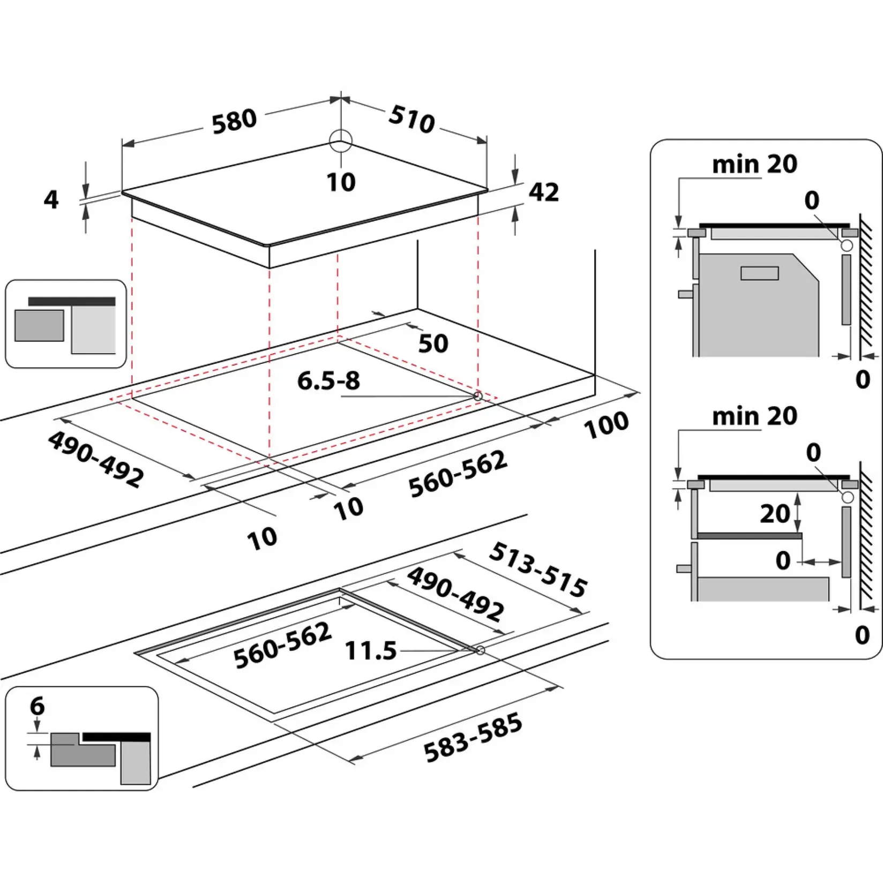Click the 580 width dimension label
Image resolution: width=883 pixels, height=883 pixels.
pos(234,122)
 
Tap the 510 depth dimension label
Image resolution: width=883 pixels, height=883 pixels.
pos(411,119)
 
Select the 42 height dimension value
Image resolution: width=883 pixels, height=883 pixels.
pos(544,192)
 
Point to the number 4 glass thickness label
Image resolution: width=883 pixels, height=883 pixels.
pos(51,199)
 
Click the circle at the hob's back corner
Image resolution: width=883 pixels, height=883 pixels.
pos(341,141)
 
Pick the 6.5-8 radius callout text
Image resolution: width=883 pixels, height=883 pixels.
pos(328,380)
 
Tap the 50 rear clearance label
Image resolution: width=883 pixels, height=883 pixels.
pos(433,343)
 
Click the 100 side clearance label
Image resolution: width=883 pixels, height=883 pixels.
pos(606,424)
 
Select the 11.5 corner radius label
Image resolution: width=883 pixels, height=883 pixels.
pos(371,651)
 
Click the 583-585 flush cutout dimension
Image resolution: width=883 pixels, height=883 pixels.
pos(473,737)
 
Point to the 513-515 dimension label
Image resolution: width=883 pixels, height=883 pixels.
pos(538,570)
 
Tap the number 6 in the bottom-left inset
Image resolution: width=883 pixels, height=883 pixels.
pos(37,706)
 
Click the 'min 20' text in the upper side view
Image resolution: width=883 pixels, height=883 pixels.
pos(754,164)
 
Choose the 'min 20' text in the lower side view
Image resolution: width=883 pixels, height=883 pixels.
pos(754,416)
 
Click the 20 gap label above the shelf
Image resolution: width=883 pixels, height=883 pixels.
pos(775,513)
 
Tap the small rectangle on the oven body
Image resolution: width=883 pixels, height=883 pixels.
pos(759,273)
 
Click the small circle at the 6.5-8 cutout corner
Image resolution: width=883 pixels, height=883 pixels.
pos(478,396)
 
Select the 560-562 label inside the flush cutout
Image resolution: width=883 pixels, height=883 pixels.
pos(283,645)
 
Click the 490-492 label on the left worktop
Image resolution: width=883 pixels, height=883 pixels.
pos(96,460)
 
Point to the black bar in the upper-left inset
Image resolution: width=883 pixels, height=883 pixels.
pos(72,302)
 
